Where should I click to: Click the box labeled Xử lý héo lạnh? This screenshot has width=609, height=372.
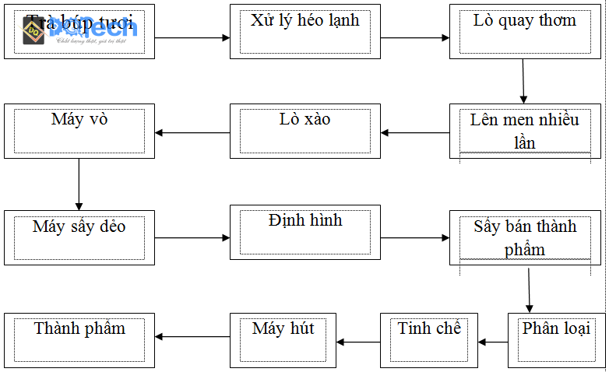click(305, 31)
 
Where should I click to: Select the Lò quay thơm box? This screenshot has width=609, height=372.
click(525, 31)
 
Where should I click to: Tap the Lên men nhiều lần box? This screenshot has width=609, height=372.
click(525, 132)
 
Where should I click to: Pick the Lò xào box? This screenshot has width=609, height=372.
click(305, 132)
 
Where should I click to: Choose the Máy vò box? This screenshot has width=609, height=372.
click(79, 132)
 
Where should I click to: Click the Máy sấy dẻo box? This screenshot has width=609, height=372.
click(79, 237)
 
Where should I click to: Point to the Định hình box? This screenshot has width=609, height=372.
click(305, 232)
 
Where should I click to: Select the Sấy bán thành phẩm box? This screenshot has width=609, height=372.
click(525, 237)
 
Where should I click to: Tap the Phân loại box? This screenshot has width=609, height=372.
click(556, 340)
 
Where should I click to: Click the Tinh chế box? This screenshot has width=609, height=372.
click(429, 340)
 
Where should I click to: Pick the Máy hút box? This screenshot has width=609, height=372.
click(283, 340)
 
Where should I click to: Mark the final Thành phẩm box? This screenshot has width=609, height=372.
click(79, 340)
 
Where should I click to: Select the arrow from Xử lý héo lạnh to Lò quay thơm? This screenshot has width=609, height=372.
click(415, 37)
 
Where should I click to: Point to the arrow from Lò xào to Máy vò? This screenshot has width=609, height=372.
click(192, 132)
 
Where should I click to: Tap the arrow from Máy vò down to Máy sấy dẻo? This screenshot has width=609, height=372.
click(79, 184)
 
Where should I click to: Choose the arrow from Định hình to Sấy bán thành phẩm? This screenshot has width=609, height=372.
click(415, 237)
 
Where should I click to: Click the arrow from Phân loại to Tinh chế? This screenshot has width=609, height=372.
click(493, 341)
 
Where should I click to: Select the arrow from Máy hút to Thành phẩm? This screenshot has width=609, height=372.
click(192, 337)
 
